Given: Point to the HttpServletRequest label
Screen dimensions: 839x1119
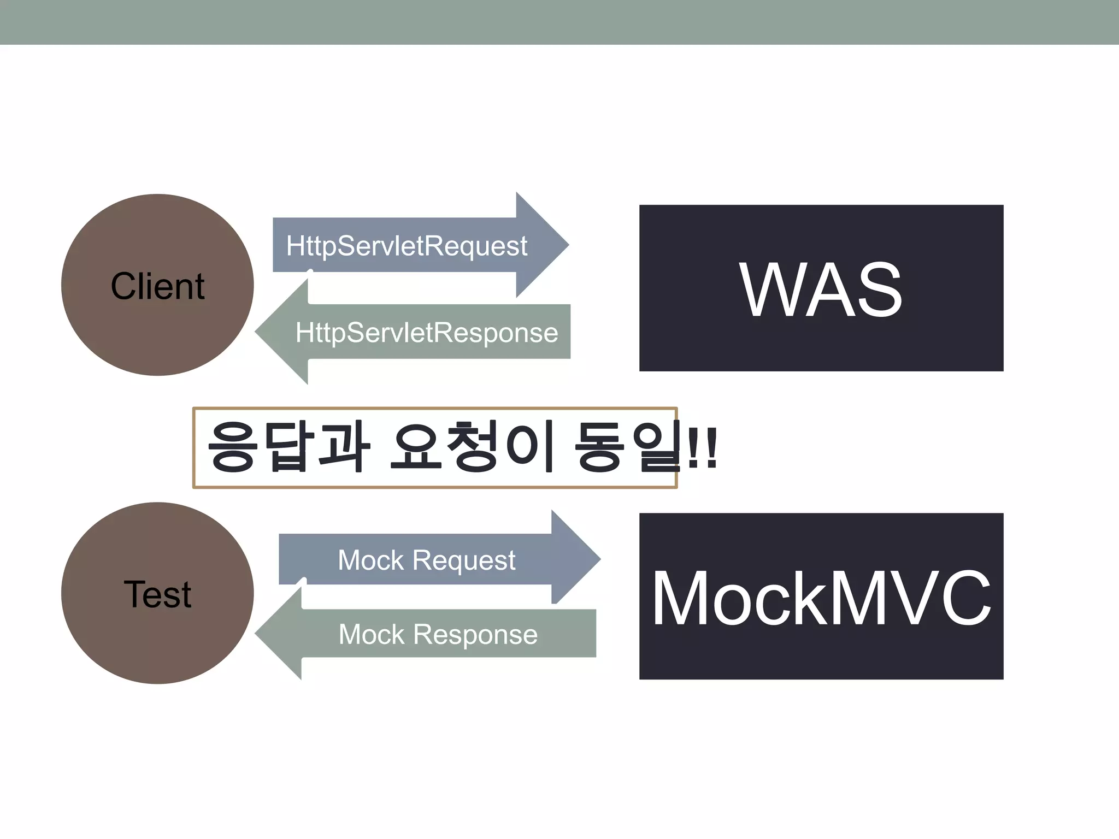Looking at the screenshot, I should click(407, 246).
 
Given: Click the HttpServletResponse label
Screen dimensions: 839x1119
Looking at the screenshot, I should click(427, 333).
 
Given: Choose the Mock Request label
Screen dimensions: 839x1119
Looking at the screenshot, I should click(426, 560).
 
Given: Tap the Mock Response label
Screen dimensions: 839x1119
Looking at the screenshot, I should click(438, 634).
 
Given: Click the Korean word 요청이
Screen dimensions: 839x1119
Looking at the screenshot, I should click(473, 446).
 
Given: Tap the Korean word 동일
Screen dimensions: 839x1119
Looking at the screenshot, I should click(628, 446).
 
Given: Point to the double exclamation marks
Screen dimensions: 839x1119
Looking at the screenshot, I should click(702, 448).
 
